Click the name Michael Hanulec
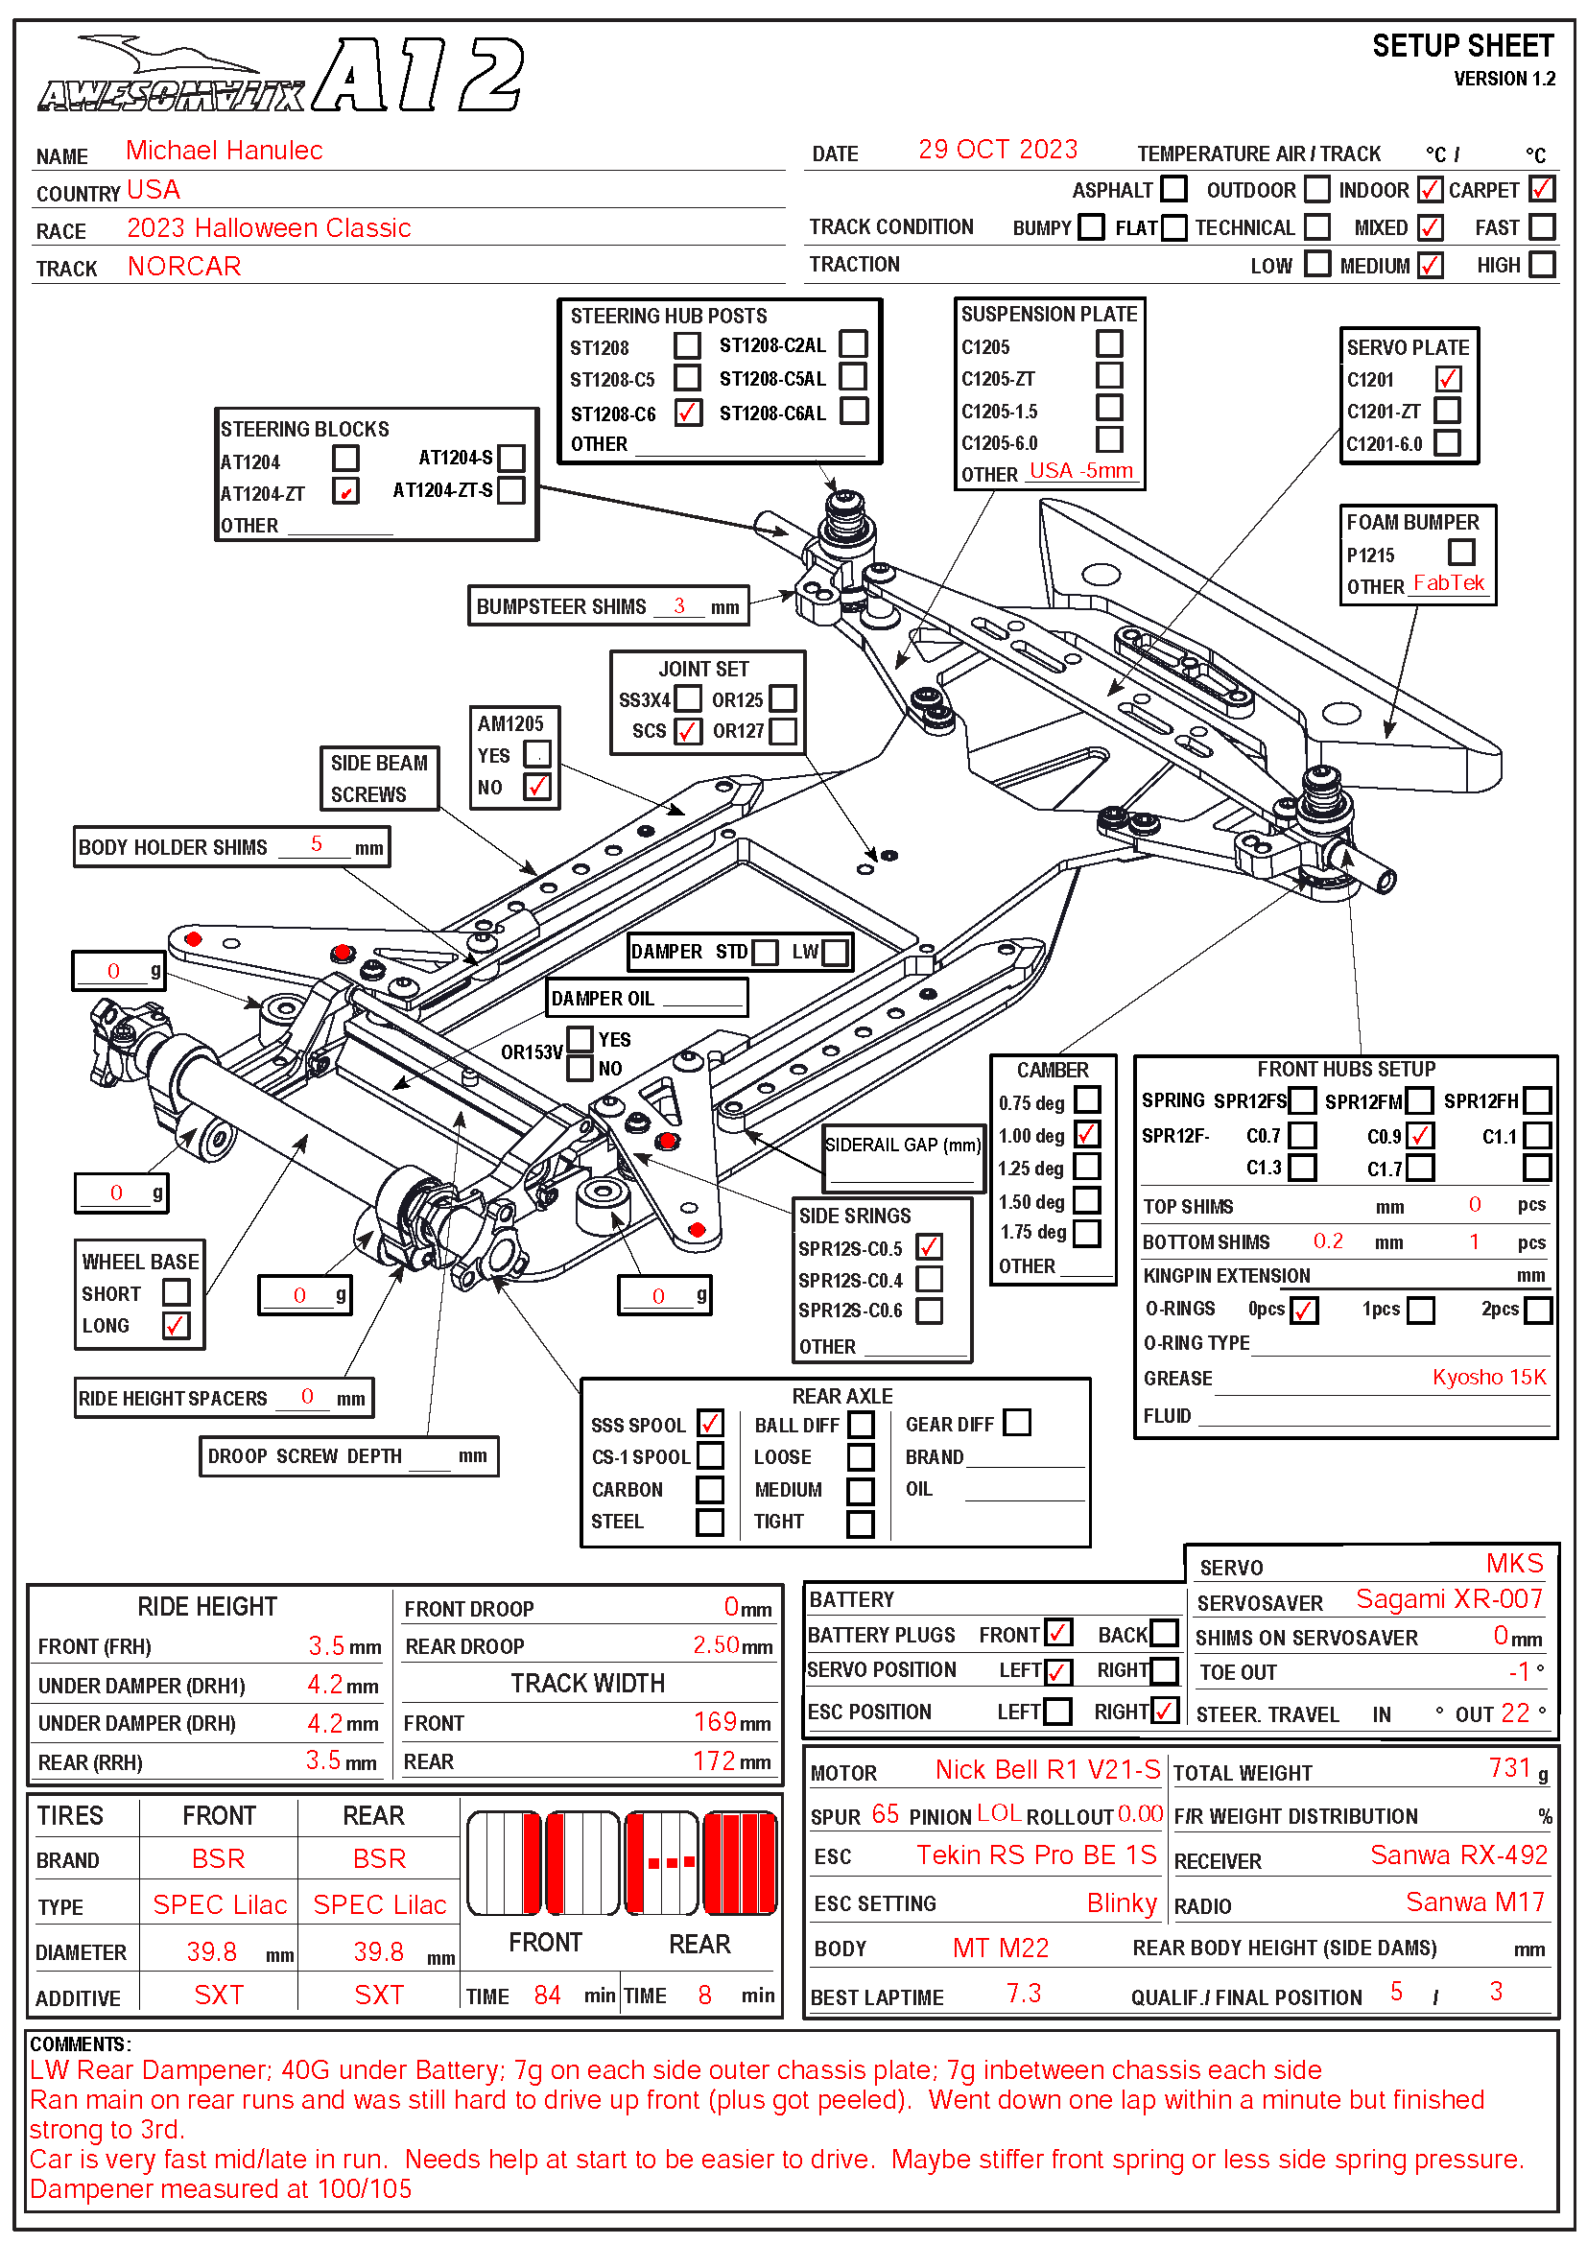224,151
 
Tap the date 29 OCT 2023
997,150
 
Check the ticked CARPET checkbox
1541,189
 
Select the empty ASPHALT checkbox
1173,189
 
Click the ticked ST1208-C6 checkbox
688,413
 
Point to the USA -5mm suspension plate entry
1080,471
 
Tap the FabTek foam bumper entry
1448,583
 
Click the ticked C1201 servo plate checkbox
1447,379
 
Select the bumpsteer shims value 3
679,606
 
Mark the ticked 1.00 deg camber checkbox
1087,1134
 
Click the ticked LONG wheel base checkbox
177,1325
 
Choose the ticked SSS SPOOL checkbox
710,1423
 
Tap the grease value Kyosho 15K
1488,1377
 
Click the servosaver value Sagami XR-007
1448,1599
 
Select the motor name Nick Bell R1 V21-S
1047,1770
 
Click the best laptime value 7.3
1023,1993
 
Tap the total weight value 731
1509,1768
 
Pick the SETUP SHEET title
1462,47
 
